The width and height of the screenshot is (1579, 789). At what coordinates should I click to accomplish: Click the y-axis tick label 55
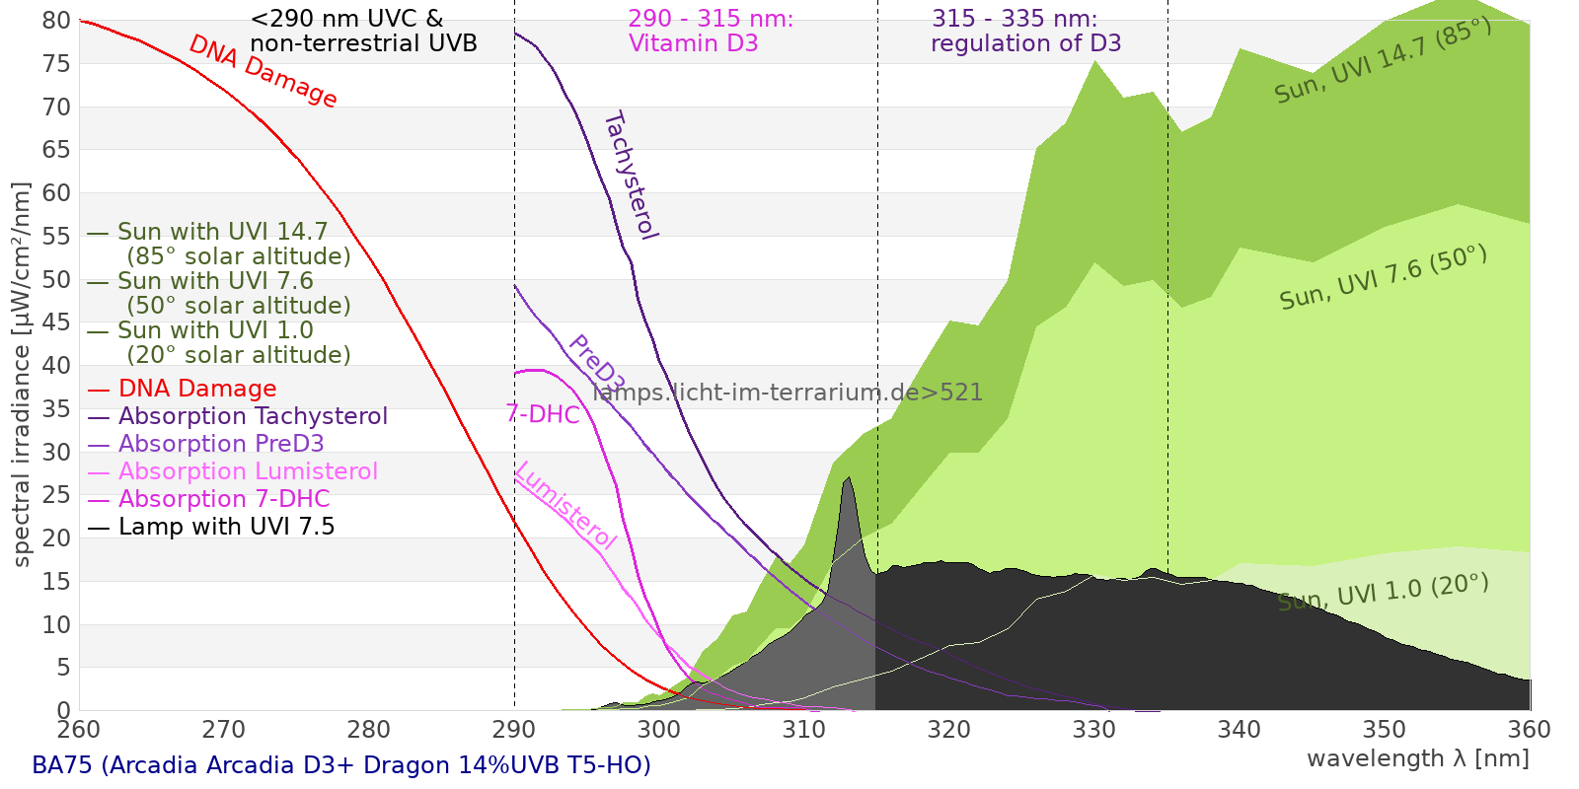[56, 236]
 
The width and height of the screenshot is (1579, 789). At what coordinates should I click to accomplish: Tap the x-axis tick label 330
[1094, 730]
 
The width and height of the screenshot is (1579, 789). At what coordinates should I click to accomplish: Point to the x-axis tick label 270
[223, 730]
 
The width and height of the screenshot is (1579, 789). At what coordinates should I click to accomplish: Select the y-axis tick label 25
[56, 495]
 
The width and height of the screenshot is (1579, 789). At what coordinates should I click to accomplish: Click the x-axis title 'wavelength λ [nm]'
[1418, 758]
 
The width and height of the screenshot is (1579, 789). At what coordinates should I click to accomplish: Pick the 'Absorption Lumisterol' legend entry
[233, 471]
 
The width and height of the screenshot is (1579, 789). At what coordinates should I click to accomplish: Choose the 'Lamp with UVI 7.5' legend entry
[211, 527]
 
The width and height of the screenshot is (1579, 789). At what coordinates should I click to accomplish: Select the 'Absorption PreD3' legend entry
[205, 444]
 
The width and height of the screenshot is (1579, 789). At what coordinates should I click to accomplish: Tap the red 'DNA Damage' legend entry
[182, 389]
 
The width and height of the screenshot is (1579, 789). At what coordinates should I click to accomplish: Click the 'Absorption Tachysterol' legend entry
[237, 416]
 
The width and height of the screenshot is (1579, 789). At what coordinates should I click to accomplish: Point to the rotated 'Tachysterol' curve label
[631, 176]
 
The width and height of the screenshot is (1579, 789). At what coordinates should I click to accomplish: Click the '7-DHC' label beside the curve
[543, 414]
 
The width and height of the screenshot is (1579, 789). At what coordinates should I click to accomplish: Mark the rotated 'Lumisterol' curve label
[566, 505]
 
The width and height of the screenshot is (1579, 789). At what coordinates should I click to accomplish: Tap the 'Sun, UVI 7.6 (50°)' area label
[1383, 277]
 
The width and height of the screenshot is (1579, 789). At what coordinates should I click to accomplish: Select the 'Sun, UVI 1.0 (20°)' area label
[1383, 592]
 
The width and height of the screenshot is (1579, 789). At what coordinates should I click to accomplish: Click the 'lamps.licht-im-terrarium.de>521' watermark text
[788, 393]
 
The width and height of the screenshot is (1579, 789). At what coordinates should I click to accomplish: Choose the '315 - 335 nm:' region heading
[1015, 19]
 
